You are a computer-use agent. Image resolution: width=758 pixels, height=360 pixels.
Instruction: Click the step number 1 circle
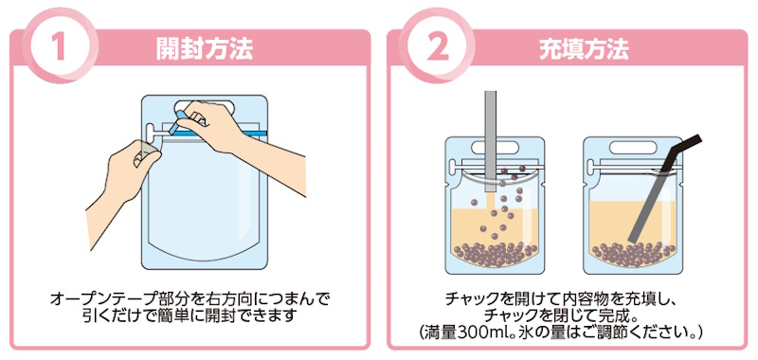(60, 48)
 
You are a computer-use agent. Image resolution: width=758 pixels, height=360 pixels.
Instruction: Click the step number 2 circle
(438, 48)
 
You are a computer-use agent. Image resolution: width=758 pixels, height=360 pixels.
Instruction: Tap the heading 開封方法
(204, 49)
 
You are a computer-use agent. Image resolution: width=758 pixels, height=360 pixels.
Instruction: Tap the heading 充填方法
(584, 49)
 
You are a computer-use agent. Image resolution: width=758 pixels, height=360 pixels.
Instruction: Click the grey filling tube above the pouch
(491, 140)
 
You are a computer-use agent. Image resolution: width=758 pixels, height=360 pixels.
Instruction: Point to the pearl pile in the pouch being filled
(494, 254)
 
